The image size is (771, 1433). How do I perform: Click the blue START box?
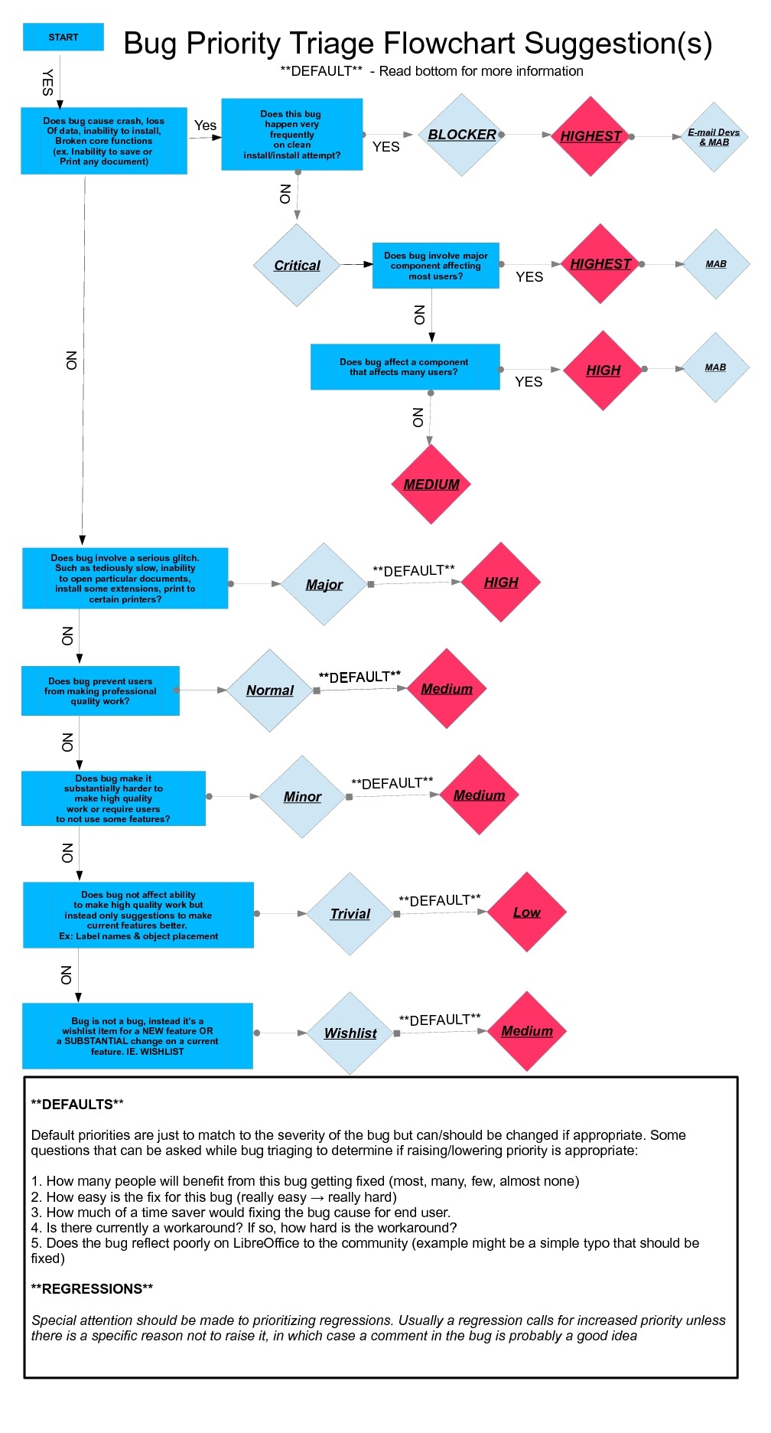click(x=63, y=37)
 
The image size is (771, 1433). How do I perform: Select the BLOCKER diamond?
click(x=461, y=135)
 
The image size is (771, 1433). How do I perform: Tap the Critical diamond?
click(x=297, y=265)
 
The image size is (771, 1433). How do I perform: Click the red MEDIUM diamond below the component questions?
click(x=431, y=484)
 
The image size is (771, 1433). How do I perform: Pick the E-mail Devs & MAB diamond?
click(x=714, y=137)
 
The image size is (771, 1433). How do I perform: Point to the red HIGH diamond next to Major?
click(x=501, y=582)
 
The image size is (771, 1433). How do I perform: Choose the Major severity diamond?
click(x=324, y=584)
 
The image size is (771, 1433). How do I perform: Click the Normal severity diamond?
click(x=269, y=690)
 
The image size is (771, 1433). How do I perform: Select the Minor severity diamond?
click(x=302, y=796)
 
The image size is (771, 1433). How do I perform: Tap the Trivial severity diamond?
click(x=350, y=913)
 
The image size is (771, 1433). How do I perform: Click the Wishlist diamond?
click(x=350, y=1033)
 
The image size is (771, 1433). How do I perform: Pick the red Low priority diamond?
click(x=526, y=912)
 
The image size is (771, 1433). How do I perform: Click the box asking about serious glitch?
click(x=125, y=578)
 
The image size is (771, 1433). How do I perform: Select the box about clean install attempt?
click(x=291, y=134)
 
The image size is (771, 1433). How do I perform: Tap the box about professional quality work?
click(x=100, y=690)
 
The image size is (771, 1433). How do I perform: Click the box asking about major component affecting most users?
click(x=435, y=266)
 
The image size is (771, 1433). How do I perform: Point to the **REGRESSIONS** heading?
click(x=92, y=1288)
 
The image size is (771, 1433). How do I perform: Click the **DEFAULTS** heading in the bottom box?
click(x=76, y=1104)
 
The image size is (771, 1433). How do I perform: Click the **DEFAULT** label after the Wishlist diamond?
click(x=440, y=1020)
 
